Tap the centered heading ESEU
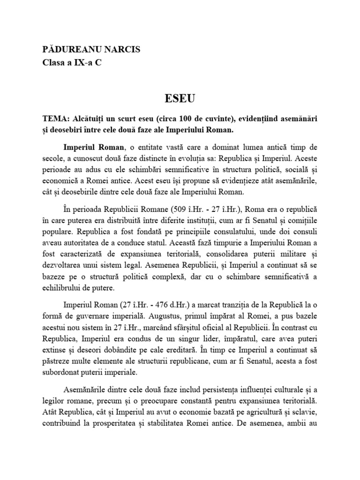(x=180, y=99)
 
